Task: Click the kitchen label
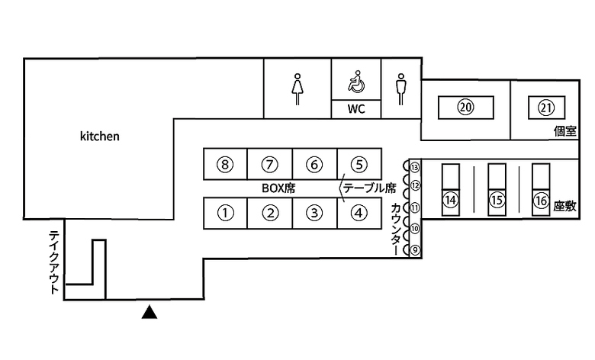coord(100,137)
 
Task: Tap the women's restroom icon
coord(297,88)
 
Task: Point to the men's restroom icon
coord(400,88)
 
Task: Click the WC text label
coord(357,109)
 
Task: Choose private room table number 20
coord(465,107)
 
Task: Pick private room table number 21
coord(545,107)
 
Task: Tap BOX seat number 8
coord(224,164)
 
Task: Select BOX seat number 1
coord(224,213)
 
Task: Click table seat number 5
coord(359,164)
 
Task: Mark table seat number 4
coord(359,213)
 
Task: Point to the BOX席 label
coord(278,188)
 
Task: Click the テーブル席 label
coord(369,188)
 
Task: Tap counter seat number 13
coord(415,166)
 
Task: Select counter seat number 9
coord(415,249)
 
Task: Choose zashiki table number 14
coord(451,200)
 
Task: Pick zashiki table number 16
coord(541,200)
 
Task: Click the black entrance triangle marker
coord(150,311)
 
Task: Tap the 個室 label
coord(564,132)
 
